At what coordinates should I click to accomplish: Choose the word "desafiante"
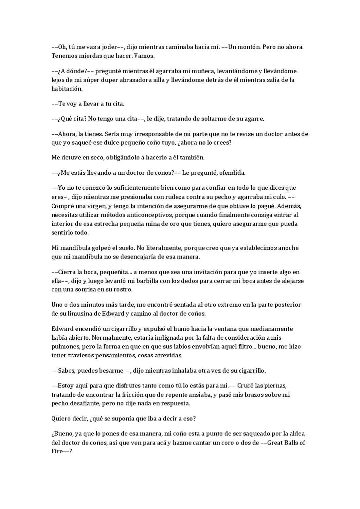pos(85,403)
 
